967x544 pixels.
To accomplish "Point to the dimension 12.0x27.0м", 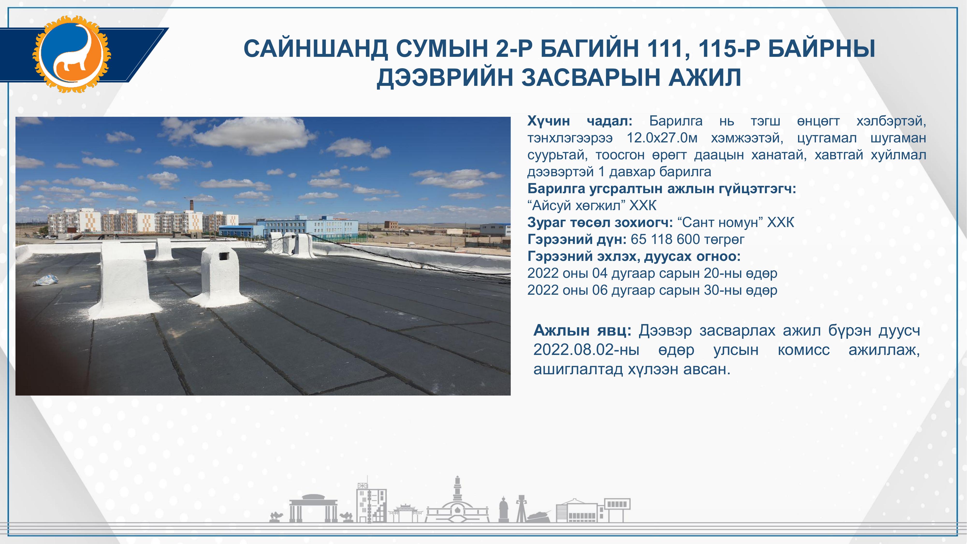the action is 662,138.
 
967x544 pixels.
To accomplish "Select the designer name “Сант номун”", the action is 720,223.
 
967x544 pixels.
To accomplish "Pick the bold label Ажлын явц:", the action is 583,330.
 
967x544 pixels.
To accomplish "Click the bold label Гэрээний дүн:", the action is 577,240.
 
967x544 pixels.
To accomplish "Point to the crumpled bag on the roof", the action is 46,280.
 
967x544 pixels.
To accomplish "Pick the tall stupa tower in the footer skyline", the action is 457,499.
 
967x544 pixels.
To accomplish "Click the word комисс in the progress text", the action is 804,350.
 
